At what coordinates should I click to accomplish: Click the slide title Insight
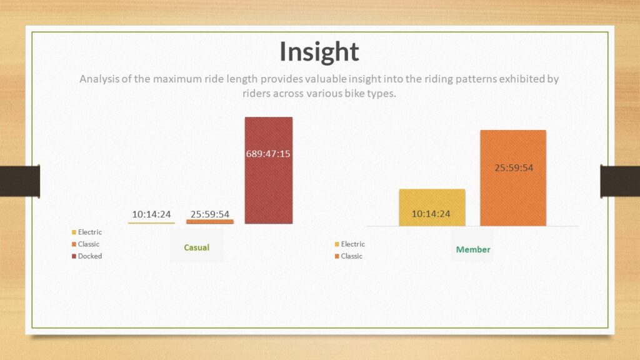pos(319,52)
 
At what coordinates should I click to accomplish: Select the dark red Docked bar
pos(269,170)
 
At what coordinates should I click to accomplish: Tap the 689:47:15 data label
pos(268,154)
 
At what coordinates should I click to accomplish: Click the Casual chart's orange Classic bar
pos(210,222)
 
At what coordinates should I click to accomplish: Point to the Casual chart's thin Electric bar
pos(151,223)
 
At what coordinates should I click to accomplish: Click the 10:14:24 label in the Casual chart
pos(151,214)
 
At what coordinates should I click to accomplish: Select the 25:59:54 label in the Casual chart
pos(210,214)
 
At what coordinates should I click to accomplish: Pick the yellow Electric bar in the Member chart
pos(432,207)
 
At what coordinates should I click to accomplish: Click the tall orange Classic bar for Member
pos(513,178)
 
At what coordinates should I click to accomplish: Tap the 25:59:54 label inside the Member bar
pos(514,167)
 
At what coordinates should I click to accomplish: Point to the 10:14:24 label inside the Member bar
pos(431,214)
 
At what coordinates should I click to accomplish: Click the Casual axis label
pos(196,247)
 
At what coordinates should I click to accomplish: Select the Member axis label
pos(473,249)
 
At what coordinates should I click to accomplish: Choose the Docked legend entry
pos(87,256)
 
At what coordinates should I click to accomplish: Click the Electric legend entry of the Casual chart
pos(87,232)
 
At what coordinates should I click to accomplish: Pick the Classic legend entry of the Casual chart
pos(86,244)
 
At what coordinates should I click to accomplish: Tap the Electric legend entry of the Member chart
pos(350,244)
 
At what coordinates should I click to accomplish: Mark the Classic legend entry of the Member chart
pos(349,256)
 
